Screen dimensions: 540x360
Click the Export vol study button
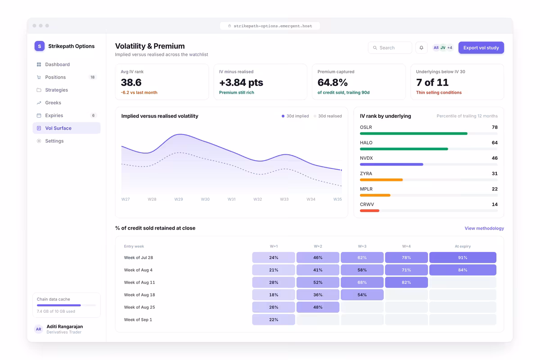click(481, 48)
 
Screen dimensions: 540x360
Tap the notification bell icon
click(421, 48)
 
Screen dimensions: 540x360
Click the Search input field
click(390, 48)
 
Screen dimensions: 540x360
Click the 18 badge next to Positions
click(93, 77)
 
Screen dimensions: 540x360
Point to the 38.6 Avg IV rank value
click(131, 82)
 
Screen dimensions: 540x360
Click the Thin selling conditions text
click(439, 93)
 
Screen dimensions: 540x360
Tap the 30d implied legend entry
click(295, 116)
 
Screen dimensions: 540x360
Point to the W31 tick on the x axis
click(231, 199)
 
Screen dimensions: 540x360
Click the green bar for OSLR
click(414, 134)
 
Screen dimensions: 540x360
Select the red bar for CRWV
click(369, 211)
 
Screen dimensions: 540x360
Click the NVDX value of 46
click(495, 158)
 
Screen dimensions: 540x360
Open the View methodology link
click(484, 228)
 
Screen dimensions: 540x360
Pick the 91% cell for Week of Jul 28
click(463, 257)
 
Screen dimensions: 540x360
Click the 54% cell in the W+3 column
click(362, 295)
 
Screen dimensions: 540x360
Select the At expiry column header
click(463, 246)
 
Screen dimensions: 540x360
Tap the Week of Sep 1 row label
click(138, 320)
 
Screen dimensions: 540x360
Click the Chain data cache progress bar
click(66, 305)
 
